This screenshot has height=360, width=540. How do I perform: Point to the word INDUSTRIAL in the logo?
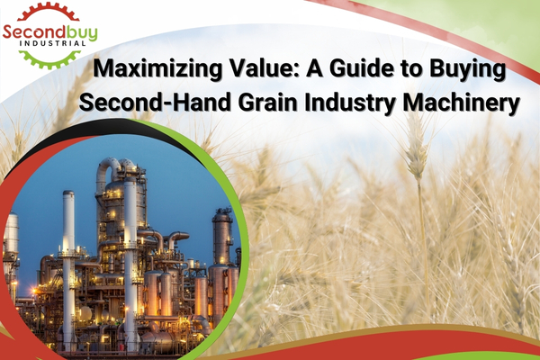pos(53,43)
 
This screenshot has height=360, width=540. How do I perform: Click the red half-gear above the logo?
pos(49,12)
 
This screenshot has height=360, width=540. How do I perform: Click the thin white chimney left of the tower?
pos(68,269)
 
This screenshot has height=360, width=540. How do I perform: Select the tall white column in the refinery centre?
pos(130,262)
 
